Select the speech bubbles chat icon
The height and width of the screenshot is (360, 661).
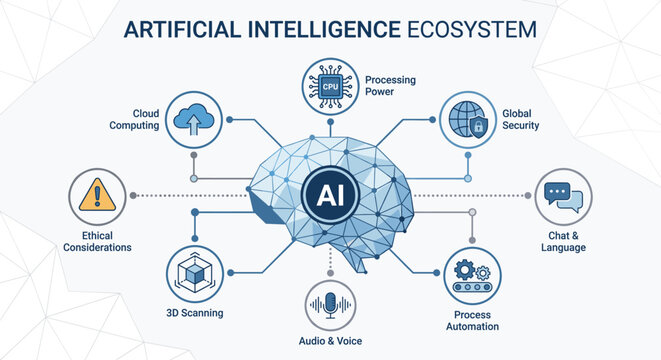(565, 196)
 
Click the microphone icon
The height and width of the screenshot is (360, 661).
(330, 305)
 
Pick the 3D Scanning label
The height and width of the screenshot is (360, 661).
(194, 313)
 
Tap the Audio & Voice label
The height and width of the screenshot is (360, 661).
(330, 342)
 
